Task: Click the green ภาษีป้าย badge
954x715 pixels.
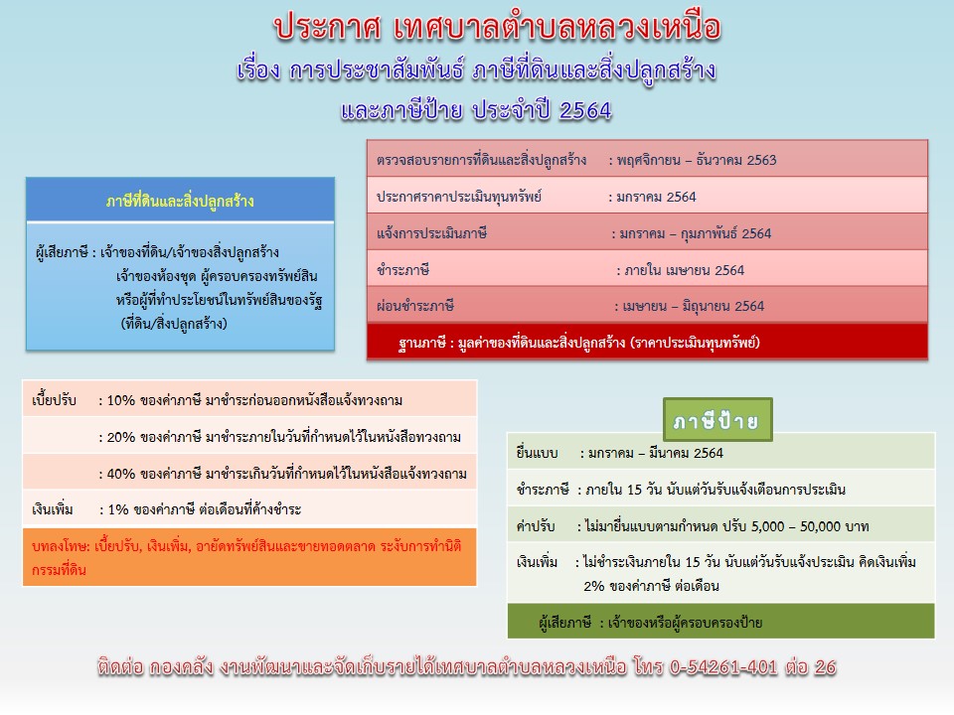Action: coord(717,420)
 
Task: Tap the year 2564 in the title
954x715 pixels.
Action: coord(585,110)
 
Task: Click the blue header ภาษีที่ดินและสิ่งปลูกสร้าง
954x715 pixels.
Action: coord(180,201)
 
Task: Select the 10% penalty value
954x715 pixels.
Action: coord(120,400)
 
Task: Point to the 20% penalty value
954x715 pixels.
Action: coord(120,437)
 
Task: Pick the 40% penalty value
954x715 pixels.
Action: coord(120,474)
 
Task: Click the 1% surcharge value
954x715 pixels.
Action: coord(118,509)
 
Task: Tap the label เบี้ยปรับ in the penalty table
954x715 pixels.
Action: coord(54,400)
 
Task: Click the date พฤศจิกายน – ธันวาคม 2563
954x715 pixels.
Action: coord(697,160)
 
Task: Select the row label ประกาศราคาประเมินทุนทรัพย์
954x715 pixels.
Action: coord(459,197)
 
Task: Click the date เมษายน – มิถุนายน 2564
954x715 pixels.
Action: coord(693,306)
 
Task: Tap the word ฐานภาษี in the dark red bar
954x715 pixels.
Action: coord(422,343)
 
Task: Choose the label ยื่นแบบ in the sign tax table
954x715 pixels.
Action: coord(538,453)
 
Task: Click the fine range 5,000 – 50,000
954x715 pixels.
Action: coord(793,526)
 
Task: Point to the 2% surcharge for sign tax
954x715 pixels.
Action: coord(594,586)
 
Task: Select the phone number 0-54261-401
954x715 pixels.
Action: coord(723,667)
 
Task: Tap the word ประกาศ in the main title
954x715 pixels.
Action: coord(327,28)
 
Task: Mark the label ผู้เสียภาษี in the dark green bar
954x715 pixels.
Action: coord(565,622)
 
